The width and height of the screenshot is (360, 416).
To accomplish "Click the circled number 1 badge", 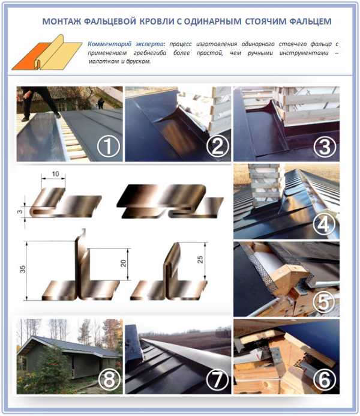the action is click(108, 146).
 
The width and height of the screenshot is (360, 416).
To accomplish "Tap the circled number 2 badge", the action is click(217, 146).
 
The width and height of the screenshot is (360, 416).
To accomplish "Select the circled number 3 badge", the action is click(325, 146).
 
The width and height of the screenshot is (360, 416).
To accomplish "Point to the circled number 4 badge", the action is click(323, 225).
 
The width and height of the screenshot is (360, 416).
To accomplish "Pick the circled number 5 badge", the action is click(323, 302).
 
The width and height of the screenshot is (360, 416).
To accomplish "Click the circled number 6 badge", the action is click(325, 379).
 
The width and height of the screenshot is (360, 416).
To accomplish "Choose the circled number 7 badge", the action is click(217, 379).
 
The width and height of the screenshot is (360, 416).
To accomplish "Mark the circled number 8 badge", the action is click(109, 379).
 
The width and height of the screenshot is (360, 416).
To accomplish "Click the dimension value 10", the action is click(55, 174).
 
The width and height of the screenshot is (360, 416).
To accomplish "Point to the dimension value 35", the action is click(23, 269).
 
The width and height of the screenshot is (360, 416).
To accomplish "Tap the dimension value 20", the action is click(123, 263).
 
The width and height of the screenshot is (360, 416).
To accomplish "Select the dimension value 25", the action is click(200, 259).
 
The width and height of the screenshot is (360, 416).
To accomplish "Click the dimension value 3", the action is click(20, 212).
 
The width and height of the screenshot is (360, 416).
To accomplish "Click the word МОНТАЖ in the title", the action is click(62, 21).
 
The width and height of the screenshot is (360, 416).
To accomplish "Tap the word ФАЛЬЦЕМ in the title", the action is click(310, 21).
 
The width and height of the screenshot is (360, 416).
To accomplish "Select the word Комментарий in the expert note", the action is click(109, 44).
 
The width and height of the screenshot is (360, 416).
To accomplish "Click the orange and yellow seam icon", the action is click(47, 53).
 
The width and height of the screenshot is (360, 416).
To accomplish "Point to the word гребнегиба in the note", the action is click(150, 53).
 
